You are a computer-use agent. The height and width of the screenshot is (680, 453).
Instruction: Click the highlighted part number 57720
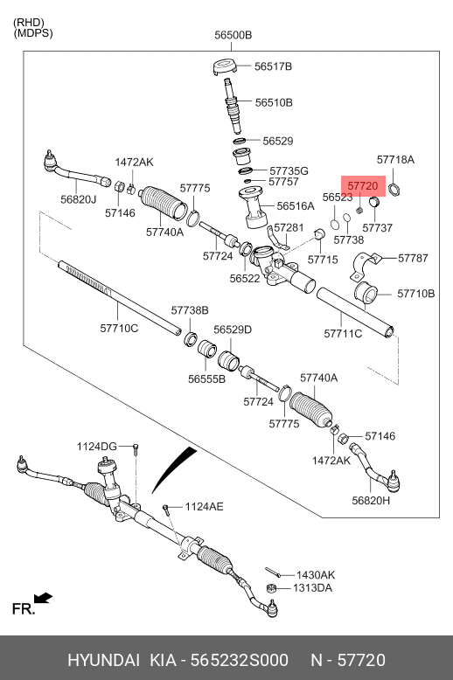[x=363, y=186]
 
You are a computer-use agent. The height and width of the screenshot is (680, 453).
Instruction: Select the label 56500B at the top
[x=233, y=35]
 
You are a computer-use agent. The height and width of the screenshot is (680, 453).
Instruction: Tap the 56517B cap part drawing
[x=226, y=66]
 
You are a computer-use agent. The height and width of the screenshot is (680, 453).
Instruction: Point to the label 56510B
[x=274, y=102]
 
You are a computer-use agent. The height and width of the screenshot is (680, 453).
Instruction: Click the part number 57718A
[x=395, y=160]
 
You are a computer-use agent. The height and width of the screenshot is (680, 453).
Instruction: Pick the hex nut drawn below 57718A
[x=394, y=189]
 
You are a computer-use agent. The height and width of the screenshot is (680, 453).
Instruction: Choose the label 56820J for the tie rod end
[x=79, y=199]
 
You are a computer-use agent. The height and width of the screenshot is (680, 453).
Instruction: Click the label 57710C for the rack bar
[x=119, y=329]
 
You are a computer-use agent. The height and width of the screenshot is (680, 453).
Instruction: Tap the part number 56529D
[x=233, y=330]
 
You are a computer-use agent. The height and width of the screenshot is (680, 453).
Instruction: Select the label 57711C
[x=343, y=334]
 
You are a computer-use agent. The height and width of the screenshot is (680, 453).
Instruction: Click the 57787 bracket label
[x=413, y=258]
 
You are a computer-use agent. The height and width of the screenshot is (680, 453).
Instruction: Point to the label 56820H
[x=371, y=501]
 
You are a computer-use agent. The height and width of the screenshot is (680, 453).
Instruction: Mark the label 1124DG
[x=97, y=447]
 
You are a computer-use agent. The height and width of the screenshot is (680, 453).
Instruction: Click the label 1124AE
[x=204, y=507]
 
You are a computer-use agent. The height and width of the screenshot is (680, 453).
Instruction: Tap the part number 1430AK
[x=316, y=575]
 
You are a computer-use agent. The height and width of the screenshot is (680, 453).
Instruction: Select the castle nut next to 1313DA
[x=272, y=588]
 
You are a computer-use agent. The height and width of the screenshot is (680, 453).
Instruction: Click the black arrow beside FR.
[x=43, y=598]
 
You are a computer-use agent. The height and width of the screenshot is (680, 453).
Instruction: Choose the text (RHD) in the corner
[x=29, y=23]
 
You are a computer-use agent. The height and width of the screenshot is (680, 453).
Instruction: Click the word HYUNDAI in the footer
[x=104, y=660]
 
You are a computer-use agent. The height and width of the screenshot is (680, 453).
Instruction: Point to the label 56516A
[x=296, y=206]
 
